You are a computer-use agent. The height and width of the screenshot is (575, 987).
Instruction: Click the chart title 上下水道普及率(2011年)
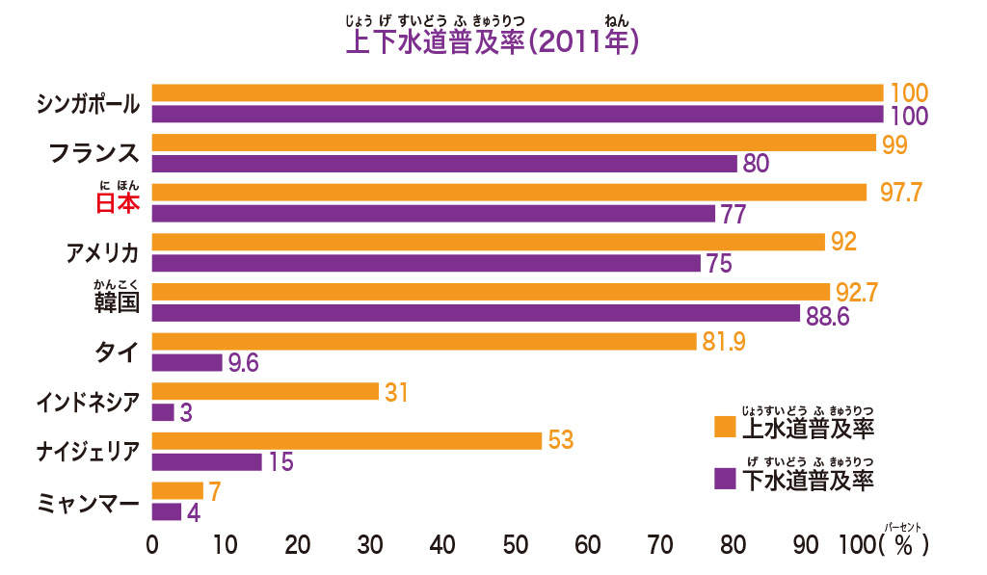point(493,43)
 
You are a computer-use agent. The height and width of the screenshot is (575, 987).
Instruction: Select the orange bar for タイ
point(424,341)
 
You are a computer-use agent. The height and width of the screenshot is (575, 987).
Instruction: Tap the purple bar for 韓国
point(476,314)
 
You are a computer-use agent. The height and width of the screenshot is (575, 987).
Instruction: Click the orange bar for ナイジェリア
point(347,440)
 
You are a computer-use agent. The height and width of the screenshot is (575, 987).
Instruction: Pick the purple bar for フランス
point(444,164)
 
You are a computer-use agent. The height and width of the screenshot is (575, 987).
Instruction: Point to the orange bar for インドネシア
point(265,391)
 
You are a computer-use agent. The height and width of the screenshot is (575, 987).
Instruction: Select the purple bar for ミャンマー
point(167,511)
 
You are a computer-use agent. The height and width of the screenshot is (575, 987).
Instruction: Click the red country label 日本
point(117,203)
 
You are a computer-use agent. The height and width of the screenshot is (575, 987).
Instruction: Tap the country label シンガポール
point(87,103)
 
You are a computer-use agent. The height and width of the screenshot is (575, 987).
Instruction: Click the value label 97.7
point(901,193)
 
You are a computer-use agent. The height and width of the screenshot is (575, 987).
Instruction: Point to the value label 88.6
point(827,316)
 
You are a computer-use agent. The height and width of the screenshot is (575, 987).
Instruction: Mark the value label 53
point(560,440)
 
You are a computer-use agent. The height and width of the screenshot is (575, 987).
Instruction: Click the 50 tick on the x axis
point(516,545)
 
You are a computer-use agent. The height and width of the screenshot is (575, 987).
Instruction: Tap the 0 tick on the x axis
point(152,545)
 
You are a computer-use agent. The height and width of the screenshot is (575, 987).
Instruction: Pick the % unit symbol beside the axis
point(903,545)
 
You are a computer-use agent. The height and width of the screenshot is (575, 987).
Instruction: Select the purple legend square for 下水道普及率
point(724,479)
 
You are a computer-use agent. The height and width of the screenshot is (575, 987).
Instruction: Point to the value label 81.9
point(724,341)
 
